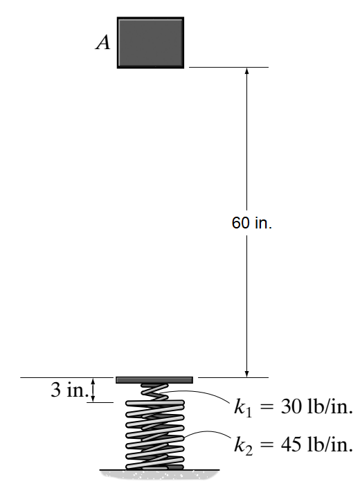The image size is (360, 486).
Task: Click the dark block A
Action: pyautogui.click(x=150, y=42)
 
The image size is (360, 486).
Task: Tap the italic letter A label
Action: pyautogui.click(x=102, y=42)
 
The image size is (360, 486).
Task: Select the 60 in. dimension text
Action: pyautogui.click(x=251, y=223)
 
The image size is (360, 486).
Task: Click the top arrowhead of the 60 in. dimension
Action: pyautogui.click(x=247, y=71)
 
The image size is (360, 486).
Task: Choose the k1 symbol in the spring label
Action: pyautogui.click(x=243, y=408)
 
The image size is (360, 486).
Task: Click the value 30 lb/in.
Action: pyautogui.click(x=316, y=406)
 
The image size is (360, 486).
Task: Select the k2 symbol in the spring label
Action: pyautogui.click(x=243, y=445)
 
